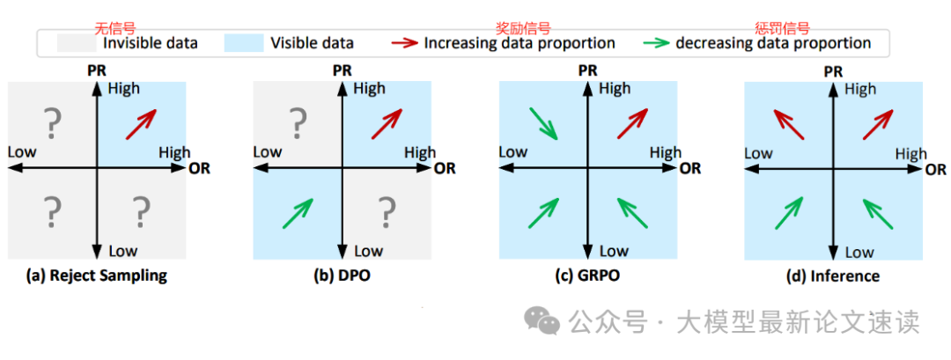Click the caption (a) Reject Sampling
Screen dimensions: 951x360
(97, 276)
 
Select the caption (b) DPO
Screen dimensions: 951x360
(343, 276)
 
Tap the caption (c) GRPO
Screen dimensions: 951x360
(588, 276)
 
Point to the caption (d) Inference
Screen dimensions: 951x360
(833, 276)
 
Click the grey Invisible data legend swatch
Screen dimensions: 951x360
(77, 42)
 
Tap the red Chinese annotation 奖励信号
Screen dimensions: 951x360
(523, 28)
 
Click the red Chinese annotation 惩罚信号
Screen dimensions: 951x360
(782, 28)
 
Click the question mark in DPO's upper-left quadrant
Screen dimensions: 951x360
(299, 123)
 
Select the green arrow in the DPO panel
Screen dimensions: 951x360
(299, 212)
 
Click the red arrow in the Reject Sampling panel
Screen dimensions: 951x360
(141, 123)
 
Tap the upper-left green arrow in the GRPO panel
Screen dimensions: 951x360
(543, 123)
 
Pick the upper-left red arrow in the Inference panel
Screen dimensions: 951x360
(789, 124)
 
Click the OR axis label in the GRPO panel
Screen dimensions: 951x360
(691, 167)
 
